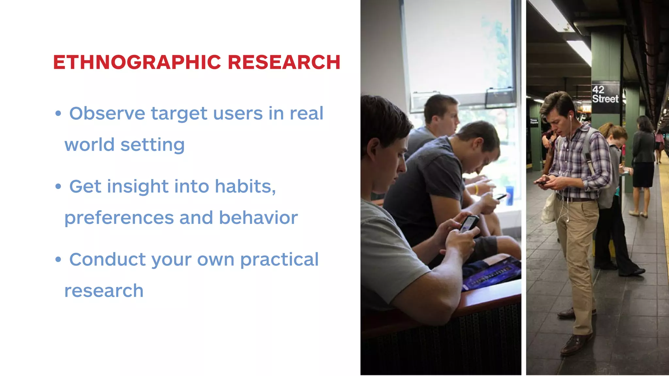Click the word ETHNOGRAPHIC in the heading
point(137,62)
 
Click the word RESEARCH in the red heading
point(284,62)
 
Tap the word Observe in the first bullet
point(107,113)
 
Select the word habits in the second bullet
point(245,186)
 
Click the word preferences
point(119,218)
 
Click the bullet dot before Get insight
point(58,187)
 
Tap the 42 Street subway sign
point(605,94)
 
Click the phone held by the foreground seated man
point(469,223)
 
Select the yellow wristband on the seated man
point(476,189)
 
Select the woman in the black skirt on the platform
point(643,163)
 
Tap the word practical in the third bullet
point(279,259)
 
